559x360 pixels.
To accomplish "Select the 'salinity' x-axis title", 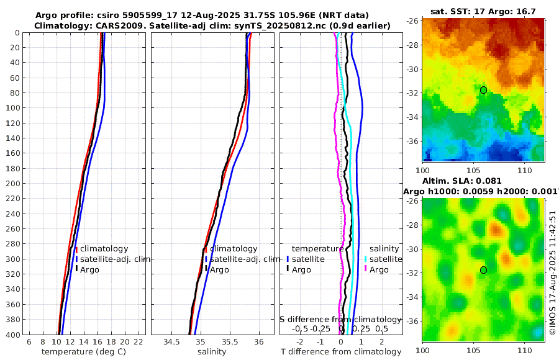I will [x=212, y=352].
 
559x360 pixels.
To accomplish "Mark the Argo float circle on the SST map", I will [x=483, y=90].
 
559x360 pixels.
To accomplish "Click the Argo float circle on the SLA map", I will [x=483, y=270].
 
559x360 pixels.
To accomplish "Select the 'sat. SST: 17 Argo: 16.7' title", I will [x=483, y=11].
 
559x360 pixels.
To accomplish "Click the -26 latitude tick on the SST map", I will [x=413, y=20].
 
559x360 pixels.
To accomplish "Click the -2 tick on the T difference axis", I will [x=301, y=341].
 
